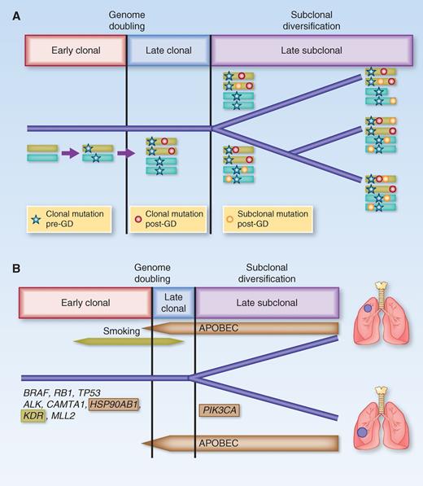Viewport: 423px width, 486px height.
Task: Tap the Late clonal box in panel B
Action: [173, 304]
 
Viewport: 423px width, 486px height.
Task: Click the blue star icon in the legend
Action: [37, 217]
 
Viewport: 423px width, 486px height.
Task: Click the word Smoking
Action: [123, 331]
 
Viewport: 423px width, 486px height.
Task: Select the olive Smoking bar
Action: [127, 342]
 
